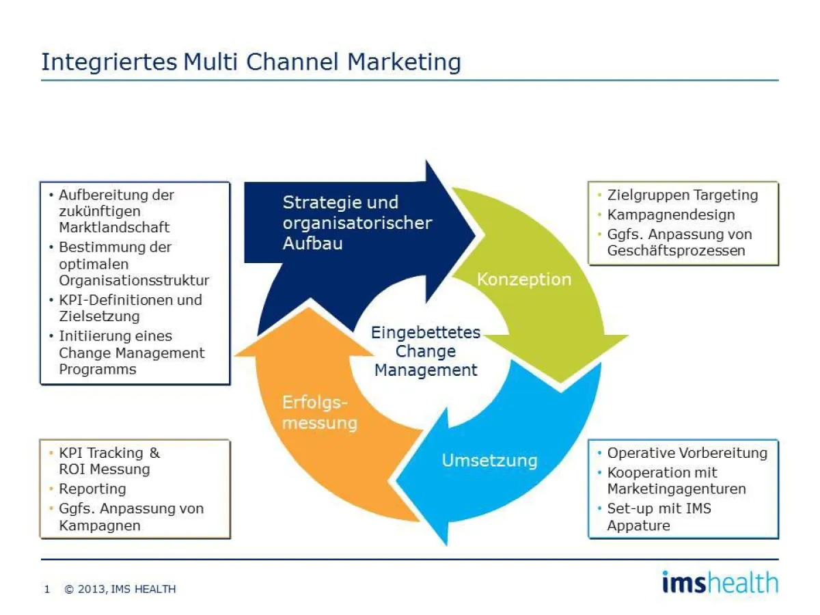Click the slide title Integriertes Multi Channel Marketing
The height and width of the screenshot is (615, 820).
(251, 61)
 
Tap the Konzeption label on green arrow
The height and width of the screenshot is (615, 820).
(523, 279)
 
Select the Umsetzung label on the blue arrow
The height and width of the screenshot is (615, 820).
(489, 460)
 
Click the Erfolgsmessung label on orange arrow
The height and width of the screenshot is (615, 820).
(319, 413)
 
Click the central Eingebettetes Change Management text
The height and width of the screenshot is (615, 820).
(426, 351)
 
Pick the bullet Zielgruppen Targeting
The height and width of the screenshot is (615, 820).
(682, 195)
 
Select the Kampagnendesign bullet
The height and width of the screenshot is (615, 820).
(670, 215)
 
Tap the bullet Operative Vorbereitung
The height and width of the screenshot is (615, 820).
(687, 452)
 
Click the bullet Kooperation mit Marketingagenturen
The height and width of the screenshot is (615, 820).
(676, 480)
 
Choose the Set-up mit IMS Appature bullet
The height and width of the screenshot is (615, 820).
(658, 517)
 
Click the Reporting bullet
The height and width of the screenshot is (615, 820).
(92, 489)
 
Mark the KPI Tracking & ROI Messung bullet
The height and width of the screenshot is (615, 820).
(109, 461)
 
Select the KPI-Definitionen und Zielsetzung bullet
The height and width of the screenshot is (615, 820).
(130, 307)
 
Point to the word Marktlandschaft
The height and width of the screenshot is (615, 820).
(114, 227)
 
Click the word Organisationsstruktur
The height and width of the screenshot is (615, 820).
(134, 280)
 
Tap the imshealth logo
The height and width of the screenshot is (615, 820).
(720, 582)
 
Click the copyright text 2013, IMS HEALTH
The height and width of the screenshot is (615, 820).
(120, 589)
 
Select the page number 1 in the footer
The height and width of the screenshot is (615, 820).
(47, 589)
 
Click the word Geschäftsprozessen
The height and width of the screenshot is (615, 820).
(676, 250)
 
